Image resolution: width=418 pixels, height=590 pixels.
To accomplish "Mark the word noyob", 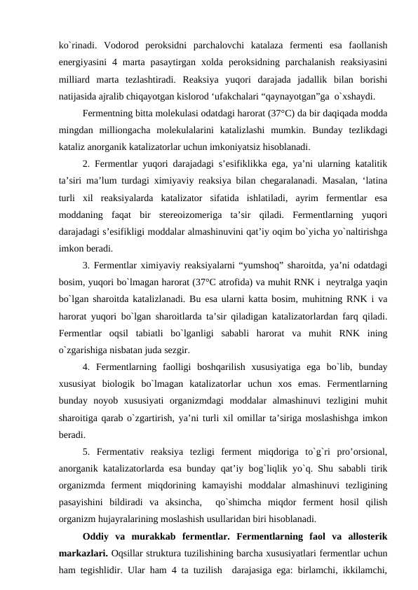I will point(107,400).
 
